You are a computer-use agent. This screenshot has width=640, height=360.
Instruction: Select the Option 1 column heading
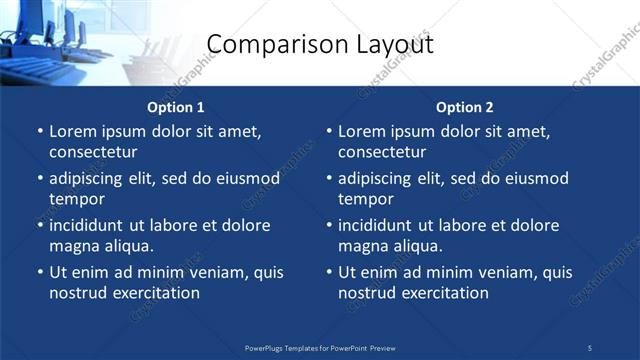(176, 107)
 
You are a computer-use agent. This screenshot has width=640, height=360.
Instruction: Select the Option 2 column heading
(465, 107)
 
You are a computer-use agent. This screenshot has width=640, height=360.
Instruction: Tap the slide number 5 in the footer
(590, 347)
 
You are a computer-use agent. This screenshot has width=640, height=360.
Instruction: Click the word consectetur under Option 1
(92, 152)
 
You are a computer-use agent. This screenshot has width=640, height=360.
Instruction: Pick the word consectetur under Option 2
(382, 152)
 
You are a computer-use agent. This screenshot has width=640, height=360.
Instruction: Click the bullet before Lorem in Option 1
(39, 132)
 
